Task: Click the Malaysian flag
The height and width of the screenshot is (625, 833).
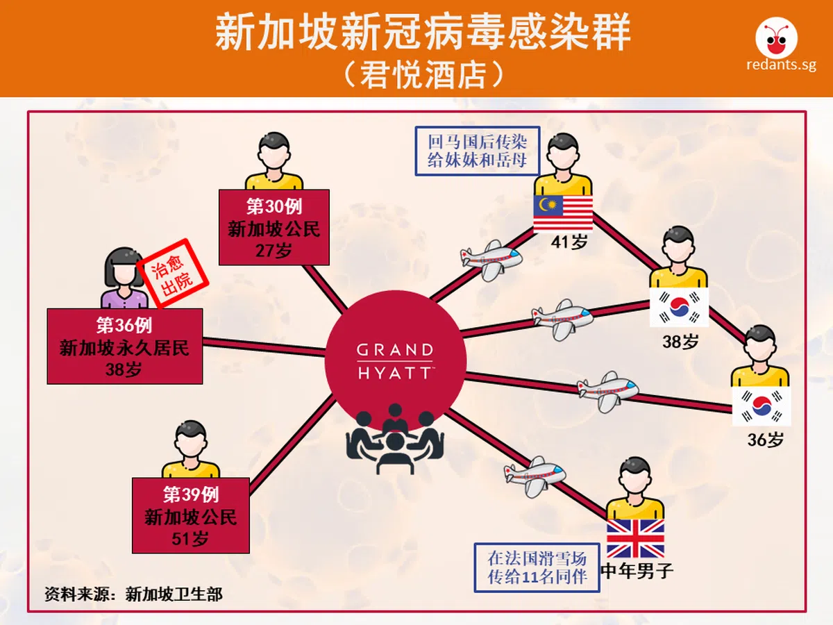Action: coord(563,213)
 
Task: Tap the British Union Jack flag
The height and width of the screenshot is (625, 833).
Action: coord(635,538)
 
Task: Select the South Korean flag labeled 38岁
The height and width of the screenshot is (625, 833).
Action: coord(679,307)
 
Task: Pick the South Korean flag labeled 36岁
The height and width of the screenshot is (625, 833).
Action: coord(762,406)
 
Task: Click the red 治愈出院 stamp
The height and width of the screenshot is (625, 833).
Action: coord(174,273)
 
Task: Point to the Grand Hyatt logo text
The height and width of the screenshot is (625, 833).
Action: coord(395,361)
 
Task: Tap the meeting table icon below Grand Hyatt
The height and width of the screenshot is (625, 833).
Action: coord(395,439)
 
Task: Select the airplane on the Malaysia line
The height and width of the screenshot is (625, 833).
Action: coord(491,260)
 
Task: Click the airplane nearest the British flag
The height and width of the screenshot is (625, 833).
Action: coord(535,476)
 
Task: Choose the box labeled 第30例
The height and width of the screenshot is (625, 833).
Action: coord(274,227)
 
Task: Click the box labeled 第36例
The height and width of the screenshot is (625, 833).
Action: coord(125,346)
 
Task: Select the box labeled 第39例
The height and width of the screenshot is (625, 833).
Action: coord(191,515)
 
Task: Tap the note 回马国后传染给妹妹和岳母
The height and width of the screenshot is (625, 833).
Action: coord(478,151)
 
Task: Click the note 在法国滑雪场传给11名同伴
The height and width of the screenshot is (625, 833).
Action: coord(537,567)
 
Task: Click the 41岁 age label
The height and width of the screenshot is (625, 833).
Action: coord(569,242)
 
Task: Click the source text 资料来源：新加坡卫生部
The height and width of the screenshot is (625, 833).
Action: coord(133,594)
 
